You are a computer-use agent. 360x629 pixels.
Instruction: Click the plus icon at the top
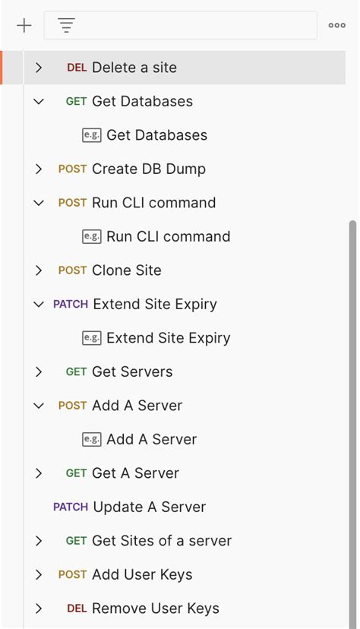point(24,26)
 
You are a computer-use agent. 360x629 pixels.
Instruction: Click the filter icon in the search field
point(67,26)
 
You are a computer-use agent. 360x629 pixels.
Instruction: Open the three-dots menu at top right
point(336,26)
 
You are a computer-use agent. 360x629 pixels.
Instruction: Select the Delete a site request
point(134,68)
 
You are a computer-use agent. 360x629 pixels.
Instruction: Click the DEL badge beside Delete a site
point(77,68)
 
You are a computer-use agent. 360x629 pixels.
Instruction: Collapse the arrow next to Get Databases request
point(39,101)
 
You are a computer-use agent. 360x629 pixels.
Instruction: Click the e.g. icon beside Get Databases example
point(92,135)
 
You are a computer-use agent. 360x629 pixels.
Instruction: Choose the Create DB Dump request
point(148,169)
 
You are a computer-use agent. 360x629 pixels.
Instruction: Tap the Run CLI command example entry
point(168,236)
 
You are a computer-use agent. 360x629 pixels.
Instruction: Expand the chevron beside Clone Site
point(39,270)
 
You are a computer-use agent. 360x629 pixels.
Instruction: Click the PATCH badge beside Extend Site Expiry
point(71,304)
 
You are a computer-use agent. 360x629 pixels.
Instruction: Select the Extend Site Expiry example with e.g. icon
point(168,338)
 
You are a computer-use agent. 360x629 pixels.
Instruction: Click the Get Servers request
point(131,371)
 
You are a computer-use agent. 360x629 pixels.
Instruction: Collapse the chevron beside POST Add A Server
point(39,406)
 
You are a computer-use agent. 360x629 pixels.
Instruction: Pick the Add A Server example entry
point(151,439)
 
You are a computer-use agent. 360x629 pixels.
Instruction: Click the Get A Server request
point(135,473)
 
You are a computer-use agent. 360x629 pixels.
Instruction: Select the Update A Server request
point(149,507)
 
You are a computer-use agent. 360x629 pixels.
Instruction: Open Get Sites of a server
point(161,541)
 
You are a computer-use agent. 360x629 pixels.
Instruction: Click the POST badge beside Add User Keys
point(72,574)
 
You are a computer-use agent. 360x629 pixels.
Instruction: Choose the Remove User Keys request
point(155,608)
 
